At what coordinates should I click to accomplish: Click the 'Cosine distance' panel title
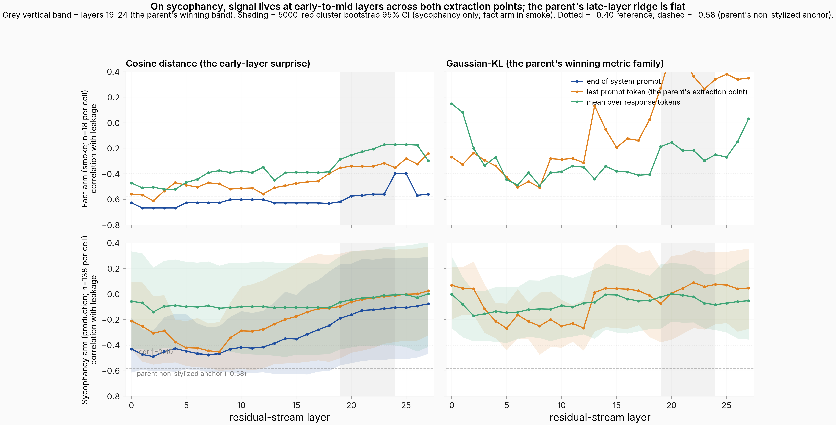[x=218, y=63]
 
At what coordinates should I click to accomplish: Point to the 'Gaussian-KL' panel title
[x=555, y=63]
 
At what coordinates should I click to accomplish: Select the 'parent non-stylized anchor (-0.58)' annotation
[x=192, y=374]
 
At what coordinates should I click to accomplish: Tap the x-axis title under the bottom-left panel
[x=279, y=417]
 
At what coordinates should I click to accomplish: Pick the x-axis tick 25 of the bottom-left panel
[x=406, y=405]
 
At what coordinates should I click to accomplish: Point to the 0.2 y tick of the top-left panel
[x=113, y=97]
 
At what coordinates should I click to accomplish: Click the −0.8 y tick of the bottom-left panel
[x=111, y=396]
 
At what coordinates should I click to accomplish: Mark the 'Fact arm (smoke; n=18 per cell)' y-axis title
[x=85, y=149]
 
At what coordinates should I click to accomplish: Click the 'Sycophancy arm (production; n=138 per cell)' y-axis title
[x=85, y=320]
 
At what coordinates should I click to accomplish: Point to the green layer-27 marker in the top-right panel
[x=748, y=119]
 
